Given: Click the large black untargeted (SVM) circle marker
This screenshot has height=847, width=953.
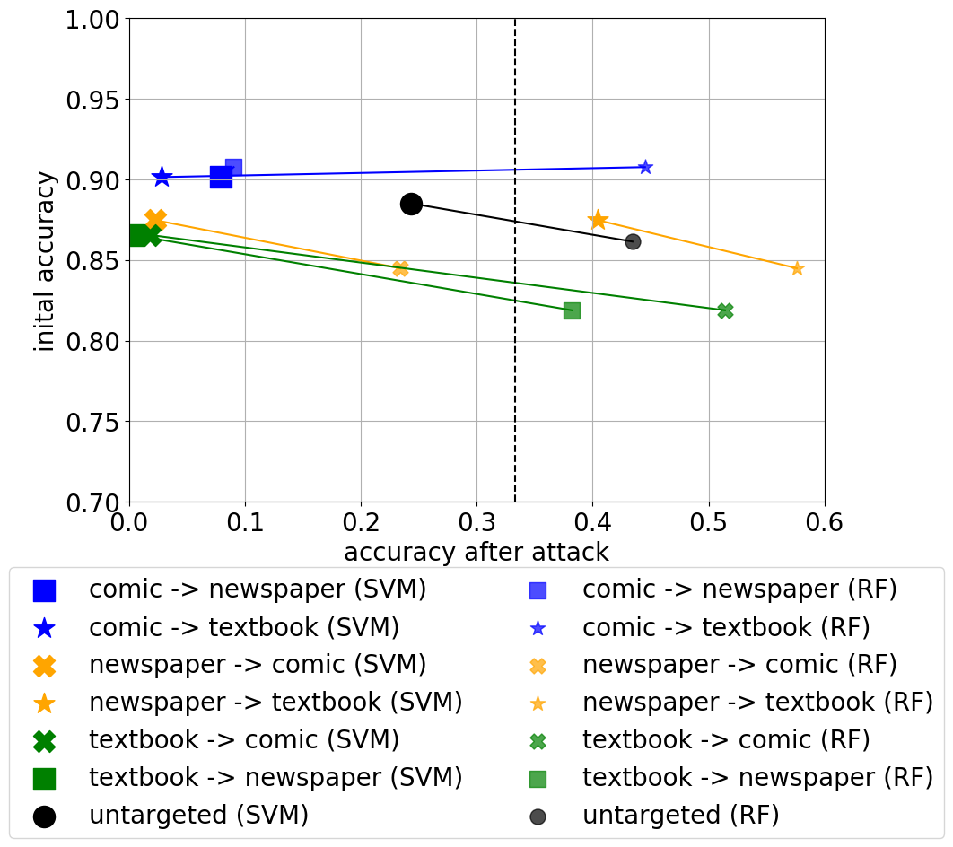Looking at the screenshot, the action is tap(412, 205).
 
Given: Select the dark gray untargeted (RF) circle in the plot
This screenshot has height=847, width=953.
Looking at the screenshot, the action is tap(633, 242).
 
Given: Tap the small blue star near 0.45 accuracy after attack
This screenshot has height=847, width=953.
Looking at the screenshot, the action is tap(645, 167).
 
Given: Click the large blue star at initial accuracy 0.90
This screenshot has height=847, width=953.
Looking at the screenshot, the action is tap(162, 177).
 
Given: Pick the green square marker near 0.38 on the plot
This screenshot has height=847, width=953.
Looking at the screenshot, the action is tap(572, 311).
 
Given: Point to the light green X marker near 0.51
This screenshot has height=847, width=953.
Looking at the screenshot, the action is tap(725, 311).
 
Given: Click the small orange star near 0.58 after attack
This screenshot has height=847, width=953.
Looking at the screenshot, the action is tap(798, 268).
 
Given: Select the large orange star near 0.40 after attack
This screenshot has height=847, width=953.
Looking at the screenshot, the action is tap(598, 220).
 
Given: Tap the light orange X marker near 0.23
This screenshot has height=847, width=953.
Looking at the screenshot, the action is tap(400, 268).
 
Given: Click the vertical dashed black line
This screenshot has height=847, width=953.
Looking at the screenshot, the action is tap(515, 261).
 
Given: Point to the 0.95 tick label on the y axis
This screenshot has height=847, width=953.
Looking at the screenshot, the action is tap(93, 100).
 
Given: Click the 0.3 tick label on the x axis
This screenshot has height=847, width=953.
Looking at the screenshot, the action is tap(476, 522).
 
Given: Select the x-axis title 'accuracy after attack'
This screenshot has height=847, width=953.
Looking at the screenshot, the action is tap(476, 553).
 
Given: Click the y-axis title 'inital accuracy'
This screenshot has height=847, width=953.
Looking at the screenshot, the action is tap(44, 261).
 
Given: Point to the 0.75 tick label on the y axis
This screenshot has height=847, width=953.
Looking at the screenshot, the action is tap(93, 423).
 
